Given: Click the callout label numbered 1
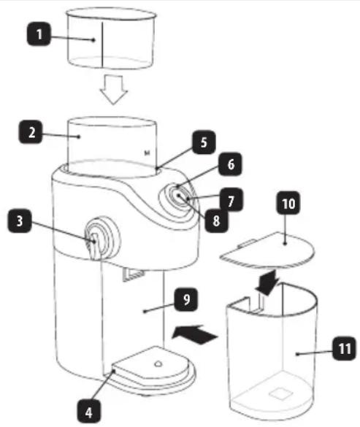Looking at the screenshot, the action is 39,34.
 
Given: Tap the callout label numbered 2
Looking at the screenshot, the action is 31,132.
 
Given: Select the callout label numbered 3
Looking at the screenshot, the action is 20,221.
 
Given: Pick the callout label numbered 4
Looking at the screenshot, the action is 89,412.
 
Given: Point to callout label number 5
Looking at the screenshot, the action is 204,142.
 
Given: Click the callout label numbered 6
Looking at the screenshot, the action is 230,164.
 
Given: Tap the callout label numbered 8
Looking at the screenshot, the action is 216,220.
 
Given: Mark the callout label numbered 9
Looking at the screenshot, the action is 186,299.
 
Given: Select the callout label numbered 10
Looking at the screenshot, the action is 288,203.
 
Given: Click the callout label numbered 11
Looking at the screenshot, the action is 344,348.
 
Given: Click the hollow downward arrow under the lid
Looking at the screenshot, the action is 114,90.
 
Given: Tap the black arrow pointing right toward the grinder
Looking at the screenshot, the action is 195,335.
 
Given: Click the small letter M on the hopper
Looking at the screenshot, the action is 147,153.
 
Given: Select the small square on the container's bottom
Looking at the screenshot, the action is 280,394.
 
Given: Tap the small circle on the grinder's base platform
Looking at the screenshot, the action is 158,363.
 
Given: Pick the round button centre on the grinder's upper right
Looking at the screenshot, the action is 178,196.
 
